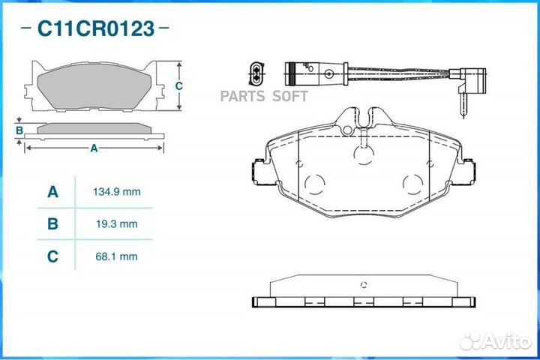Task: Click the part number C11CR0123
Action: (96, 28)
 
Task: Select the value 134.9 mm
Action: (117, 192)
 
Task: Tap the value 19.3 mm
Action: (117, 224)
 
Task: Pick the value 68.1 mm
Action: (117, 256)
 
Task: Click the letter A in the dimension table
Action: (52, 192)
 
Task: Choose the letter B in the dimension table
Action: (52, 224)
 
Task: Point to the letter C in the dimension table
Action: (52, 256)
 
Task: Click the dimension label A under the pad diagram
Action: (94, 148)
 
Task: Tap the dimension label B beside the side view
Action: (19, 130)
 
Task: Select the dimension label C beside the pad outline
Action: (178, 85)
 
